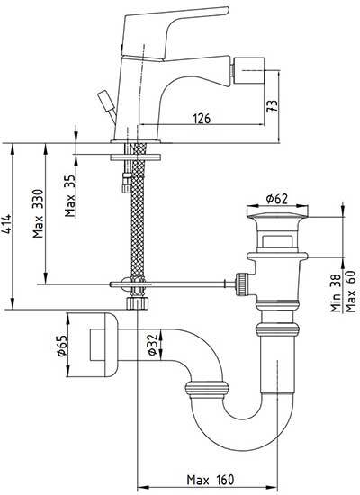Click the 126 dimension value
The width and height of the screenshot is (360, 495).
tap(202, 119)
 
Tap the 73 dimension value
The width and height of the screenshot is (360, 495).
tap(273, 106)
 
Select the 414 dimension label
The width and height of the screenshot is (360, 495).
tap(7, 224)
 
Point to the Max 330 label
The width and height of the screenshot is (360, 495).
tap(38, 213)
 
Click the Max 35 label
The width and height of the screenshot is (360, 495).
tap(71, 196)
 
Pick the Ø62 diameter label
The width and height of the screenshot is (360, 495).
tap(277, 199)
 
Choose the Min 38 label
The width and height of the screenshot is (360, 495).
tap(337, 293)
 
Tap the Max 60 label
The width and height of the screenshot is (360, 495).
tap(350, 292)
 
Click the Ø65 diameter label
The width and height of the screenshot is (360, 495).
tap(62, 346)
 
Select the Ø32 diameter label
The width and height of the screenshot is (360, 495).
tap(153, 345)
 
